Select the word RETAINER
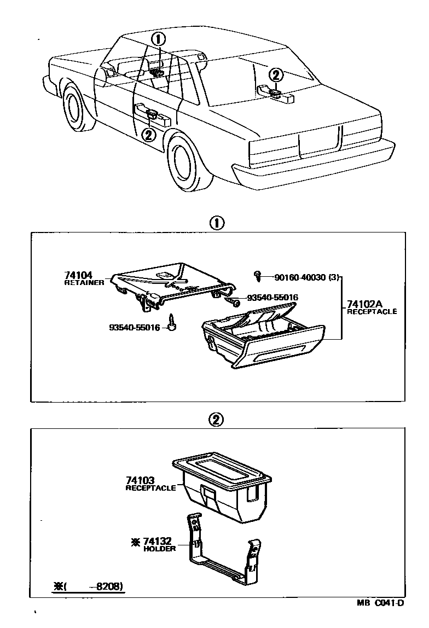point(84,283)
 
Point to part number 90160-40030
point(299,277)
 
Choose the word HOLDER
point(159,549)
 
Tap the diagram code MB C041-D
point(381,603)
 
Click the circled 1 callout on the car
point(158,39)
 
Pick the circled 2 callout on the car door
point(148,134)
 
